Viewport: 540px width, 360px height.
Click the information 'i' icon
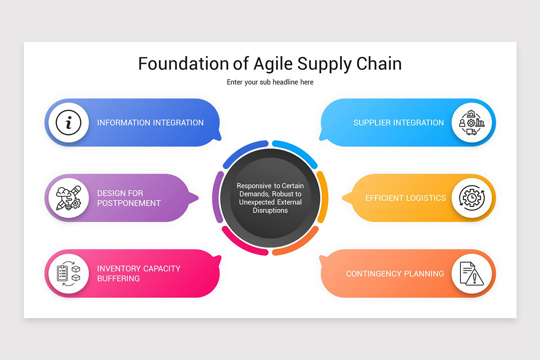68,122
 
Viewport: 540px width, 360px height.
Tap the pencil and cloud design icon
68,198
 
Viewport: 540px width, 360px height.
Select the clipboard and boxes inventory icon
68,274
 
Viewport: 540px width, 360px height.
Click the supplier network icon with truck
472,122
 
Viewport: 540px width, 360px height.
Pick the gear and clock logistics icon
472,198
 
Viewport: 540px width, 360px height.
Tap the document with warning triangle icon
472,274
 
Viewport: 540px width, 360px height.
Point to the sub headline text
270,82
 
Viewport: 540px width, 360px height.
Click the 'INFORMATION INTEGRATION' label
150,122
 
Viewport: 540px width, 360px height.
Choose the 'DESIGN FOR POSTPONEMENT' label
129,198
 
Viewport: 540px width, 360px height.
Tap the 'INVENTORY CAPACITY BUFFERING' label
139,274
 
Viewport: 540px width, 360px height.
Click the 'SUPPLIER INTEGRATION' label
399,122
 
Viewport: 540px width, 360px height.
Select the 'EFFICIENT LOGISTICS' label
405,198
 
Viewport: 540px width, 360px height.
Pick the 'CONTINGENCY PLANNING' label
395,274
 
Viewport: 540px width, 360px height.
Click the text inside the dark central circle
270,198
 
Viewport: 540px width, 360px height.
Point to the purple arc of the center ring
217,197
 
